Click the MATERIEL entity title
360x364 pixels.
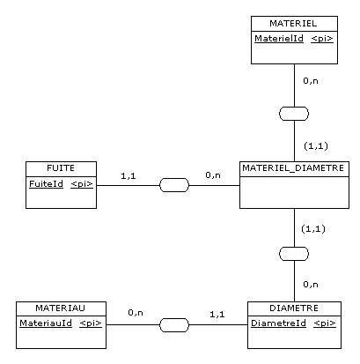(293, 24)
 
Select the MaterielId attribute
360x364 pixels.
(279, 39)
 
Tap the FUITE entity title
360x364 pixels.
(61, 168)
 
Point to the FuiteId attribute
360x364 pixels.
(46, 184)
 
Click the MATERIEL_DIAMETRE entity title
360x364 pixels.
(293, 168)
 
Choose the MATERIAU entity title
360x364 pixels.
(61, 308)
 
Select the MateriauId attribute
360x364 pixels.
(46, 323)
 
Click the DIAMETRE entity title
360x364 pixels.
(294, 308)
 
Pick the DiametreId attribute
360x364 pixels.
(278, 323)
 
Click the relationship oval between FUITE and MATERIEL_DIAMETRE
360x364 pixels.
(174, 185)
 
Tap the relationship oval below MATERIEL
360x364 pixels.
(294, 114)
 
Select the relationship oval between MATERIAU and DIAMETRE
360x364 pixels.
(174, 325)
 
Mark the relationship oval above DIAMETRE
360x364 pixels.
(294, 254)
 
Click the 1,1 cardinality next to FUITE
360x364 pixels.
(129, 176)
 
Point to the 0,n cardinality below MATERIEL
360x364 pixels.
(311, 81)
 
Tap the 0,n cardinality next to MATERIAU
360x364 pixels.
(136, 313)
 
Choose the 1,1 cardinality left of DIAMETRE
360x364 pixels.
(217, 315)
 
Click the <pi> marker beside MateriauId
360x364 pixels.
(91, 323)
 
